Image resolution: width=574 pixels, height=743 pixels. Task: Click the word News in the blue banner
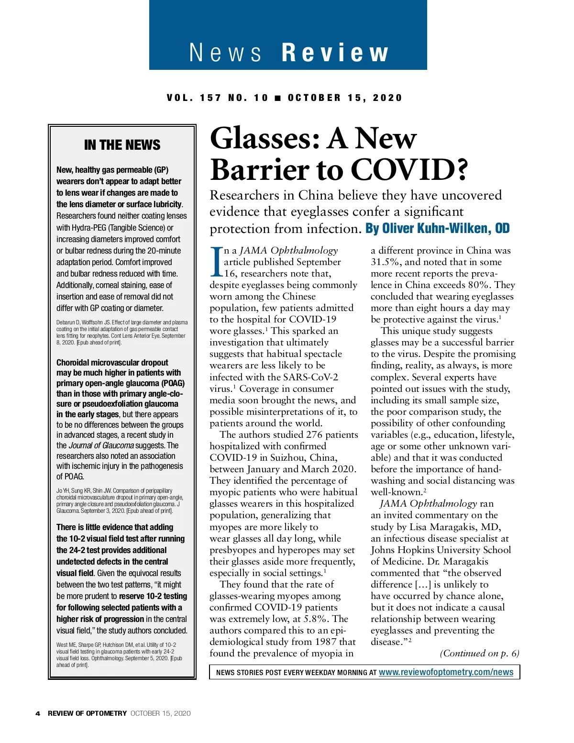pos(225,53)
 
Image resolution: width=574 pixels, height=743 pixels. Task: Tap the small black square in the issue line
pos(278,98)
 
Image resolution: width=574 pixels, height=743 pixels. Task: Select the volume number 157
pos(210,98)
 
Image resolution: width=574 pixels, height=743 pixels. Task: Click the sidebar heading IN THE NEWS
pos(122,145)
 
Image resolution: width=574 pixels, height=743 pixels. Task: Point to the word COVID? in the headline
pos(409,170)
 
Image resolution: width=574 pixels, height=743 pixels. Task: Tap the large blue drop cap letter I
pos(216,261)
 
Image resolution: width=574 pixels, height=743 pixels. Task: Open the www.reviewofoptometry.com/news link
pos(446,672)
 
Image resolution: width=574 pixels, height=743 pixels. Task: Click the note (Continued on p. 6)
pos(479,654)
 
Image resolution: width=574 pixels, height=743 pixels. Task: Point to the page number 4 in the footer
pos(38,713)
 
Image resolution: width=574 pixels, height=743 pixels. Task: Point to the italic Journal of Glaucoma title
pos(101,445)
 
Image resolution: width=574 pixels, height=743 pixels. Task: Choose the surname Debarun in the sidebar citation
pos(66,322)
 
